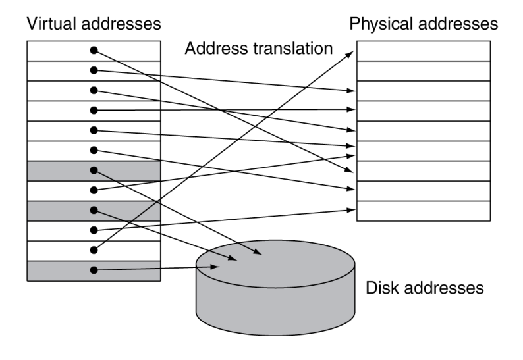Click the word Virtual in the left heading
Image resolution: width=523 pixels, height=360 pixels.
pyautogui.click(x=51, y=24)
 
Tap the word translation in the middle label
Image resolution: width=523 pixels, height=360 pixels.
pyautogui.click(x=293, y=49)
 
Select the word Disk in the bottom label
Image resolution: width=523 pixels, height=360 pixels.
pyautogui.click(x=383, y=288)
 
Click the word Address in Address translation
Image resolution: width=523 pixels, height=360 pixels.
pyautogui.click(x=216, y=49)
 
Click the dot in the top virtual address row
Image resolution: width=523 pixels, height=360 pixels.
pyautogui.click(x=94, y=50)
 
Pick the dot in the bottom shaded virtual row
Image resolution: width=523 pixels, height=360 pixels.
pyautogui.click(x=94, y=270)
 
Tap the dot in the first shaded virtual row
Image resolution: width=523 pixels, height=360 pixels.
pyautogui.click(x=94, y=170)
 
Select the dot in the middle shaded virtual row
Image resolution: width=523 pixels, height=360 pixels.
pyautogui.click(x=94, y=211)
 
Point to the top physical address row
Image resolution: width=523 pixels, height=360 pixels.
pyautogui.click(x=424, y=51)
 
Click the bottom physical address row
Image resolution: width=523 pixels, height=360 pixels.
pyautogui.click(x=424, y=211)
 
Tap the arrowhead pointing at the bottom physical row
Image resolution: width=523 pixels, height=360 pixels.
pyautogui.click(x=351, y=210)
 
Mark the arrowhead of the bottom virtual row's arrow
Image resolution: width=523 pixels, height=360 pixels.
pyautogui.click(x=215, y=267)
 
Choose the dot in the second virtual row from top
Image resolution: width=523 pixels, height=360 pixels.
pyautogui.click(x=94, y=70)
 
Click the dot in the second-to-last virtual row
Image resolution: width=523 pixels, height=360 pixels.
pyautogui.click(x=94, y=250)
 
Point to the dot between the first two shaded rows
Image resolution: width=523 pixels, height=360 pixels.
pyautogui.click(x=94, y=190)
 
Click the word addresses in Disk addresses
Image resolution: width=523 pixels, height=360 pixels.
pyautogui.click(x=444, y=288)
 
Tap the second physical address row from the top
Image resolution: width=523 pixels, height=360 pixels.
pyautogui.click(x=424, y=71)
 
